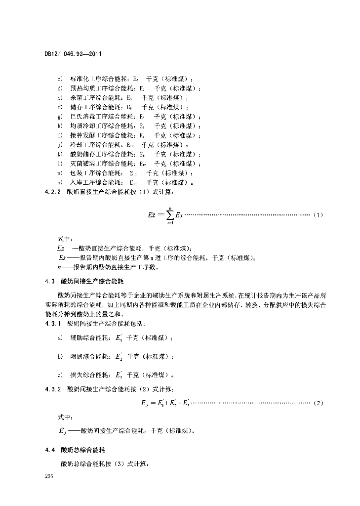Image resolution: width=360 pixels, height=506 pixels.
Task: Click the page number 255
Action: [x=48, y=475]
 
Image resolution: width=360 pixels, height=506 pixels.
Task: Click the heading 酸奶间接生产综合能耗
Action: [x=92, y=281]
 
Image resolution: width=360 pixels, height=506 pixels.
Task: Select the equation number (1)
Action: [x=318, y=215]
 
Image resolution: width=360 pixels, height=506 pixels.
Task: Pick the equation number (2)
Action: [x=318, y=403]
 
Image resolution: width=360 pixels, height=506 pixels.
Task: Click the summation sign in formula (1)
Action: [x=169, y=215]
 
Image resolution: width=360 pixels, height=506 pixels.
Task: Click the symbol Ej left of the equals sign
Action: [x=144, y=404]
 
